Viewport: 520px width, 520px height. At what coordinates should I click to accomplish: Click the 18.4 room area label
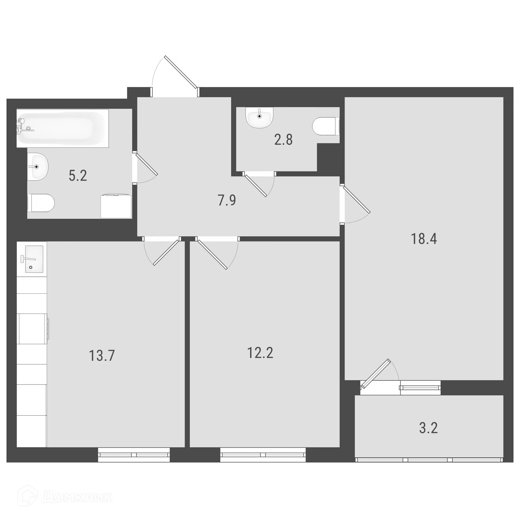[x=424, y=239]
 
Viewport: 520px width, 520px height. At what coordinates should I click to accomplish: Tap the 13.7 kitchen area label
[x=102, y=356]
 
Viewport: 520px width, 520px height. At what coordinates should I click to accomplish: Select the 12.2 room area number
[x=260, y=353]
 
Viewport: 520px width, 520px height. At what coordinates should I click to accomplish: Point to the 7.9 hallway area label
[x=227, y=200]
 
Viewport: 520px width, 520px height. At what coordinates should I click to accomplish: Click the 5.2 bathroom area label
[x=78, y=175]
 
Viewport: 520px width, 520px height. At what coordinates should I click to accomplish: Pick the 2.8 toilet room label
[x=283, y=140]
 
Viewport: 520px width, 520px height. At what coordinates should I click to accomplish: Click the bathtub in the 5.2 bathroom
[x=63, y=128]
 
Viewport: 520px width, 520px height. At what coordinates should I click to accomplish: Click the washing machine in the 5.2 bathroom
[x=116, y=206]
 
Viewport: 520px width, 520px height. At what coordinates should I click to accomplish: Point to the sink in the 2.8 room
[x=259, y=117]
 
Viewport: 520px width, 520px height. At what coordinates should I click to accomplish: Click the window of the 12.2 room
[x=263, y=454]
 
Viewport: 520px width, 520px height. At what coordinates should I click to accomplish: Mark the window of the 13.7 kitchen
[x=134, y=454]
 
